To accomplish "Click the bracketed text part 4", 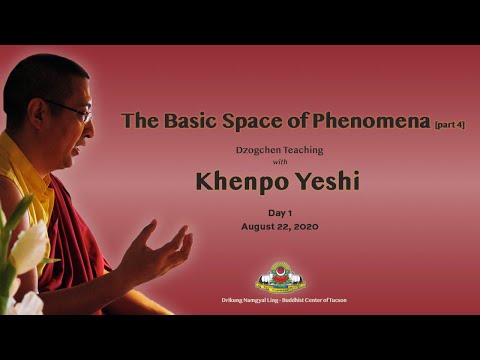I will (x=449, y=125).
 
